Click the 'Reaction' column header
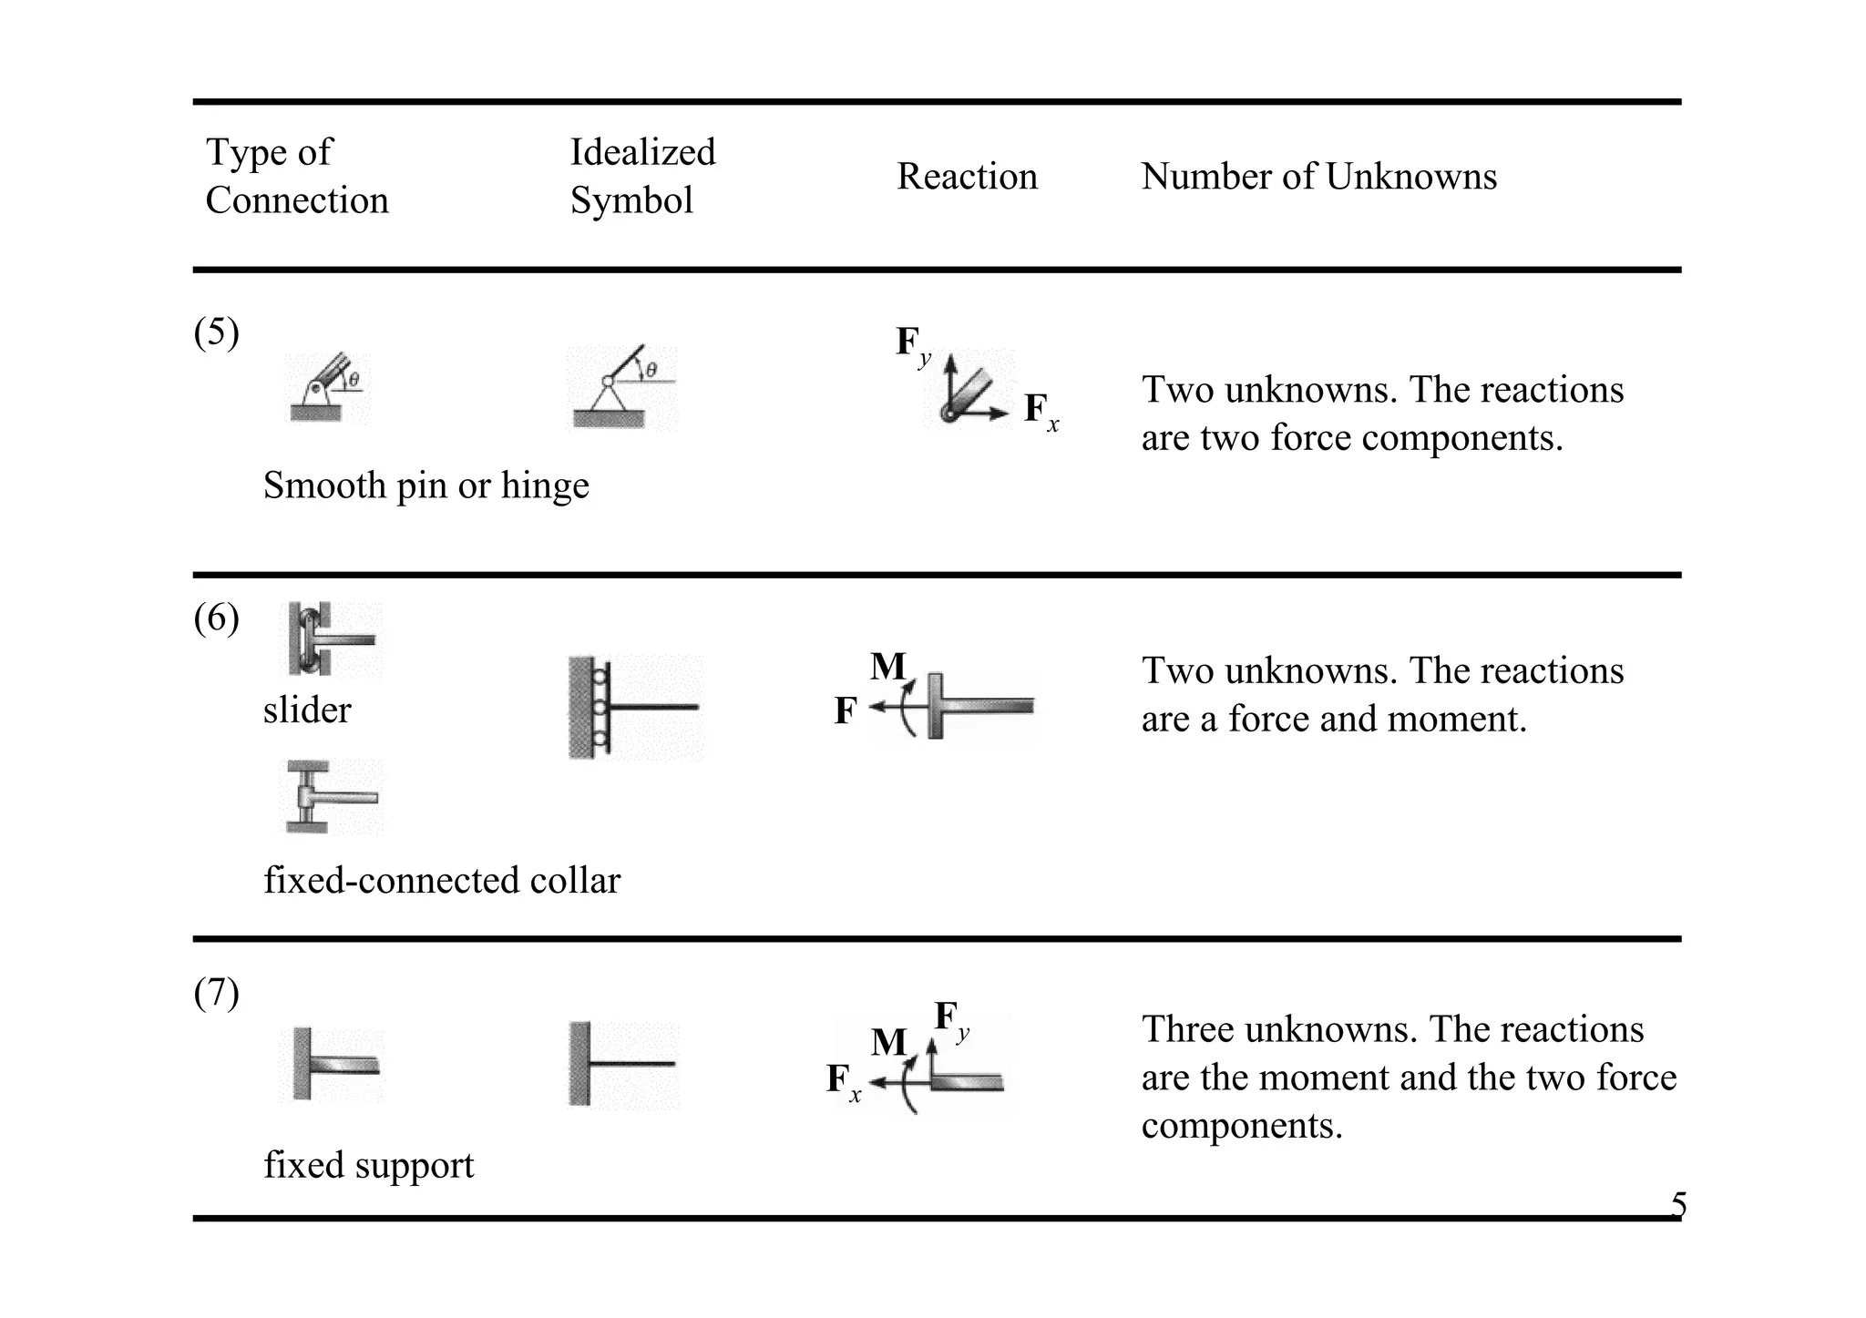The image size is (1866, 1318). pos(967,177)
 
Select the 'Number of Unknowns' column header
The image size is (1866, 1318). pos(1318,177)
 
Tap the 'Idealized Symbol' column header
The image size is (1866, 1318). pos(642,176)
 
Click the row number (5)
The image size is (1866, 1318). pos(217,332)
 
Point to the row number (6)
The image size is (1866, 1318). pos(217,618)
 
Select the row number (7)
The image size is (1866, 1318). pos(217,993)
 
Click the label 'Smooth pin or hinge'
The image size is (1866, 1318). pos(425,485)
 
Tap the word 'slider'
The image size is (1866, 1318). pos(307,710)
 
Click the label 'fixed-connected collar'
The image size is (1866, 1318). pos(442,881)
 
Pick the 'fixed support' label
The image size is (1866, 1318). pos(369,1166)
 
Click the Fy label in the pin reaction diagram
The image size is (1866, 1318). pos(913,344)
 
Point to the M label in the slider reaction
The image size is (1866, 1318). pos(887,667)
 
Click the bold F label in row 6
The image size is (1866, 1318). pos(846,711)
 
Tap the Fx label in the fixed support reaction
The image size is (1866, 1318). pos(843,1081)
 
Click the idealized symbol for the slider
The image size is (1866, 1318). pos(634,708)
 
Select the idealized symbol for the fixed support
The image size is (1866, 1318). pos(623,1064)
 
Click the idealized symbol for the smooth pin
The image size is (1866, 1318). pos(621,389)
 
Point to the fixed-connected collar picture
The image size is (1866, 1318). pos(330,798)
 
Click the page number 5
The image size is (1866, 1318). pos(1678,1206)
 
